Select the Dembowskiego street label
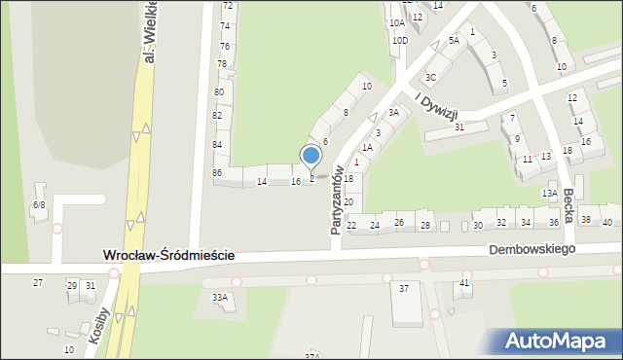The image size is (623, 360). pos(532,249)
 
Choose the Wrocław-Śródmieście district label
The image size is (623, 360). pos(168,256)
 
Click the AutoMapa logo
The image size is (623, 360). pos(560,341)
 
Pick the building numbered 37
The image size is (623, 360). pos(404,289)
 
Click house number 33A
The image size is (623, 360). pos(220,297)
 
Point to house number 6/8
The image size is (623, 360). pos(39,204)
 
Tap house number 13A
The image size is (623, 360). pos(550,193)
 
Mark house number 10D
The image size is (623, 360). pos(399,41)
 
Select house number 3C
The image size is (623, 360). pos(430,76)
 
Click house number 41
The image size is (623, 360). pos(465,282)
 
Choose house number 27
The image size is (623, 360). pos(38,282)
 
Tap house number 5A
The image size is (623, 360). pos(454,41)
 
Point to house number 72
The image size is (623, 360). pos(227,6)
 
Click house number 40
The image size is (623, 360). pos(607,222)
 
